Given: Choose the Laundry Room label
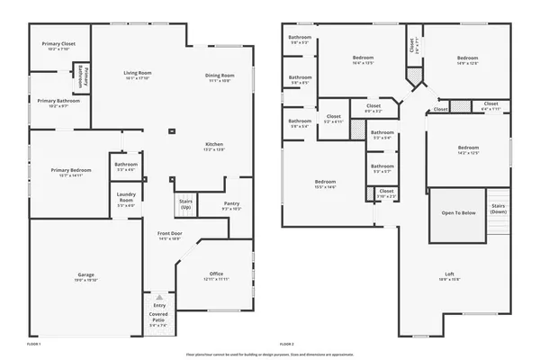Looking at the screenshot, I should (x=125, y=200).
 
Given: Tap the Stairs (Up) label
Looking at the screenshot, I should (x=186, y=203).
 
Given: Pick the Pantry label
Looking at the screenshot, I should (x=231, y=205).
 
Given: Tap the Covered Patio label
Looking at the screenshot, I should (x=159, y=317).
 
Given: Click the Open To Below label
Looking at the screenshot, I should (x=458, y=213).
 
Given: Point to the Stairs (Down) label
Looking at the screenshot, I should (x=498, y=208).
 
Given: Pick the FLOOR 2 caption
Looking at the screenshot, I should (x=287, y=344).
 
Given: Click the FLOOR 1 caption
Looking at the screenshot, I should (x=34, y=344).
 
